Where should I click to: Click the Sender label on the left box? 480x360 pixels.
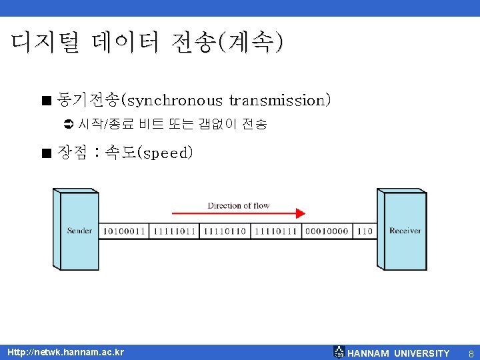pyautogui.click(x=79, y=231)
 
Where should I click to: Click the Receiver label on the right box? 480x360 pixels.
pyautogui.click(x=405, y=231)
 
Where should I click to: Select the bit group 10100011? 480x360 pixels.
pyautogui.click(x=124, y=231)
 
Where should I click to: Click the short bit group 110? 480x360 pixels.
pyautogui.click(x=365, y=231)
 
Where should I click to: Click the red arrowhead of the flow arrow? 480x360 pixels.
pyautogui.click(x=300, y=214)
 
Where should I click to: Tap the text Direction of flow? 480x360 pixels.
pyautogui.click(x=238, y=205)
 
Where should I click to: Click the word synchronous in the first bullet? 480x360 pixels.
pyautogui.click(x=174, y=101)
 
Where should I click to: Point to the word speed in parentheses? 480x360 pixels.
pyautogui.click(x=165, y=153)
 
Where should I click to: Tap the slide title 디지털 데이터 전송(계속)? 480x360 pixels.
pyautogui.click(x=147, y=43)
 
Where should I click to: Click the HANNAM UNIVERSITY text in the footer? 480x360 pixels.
pyautogui.click(x=399, y=353)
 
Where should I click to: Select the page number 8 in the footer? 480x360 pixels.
pyautogui.click(x=471, y=353)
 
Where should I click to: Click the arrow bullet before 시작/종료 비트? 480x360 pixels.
pyautogui.click(x=66, y=124)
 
